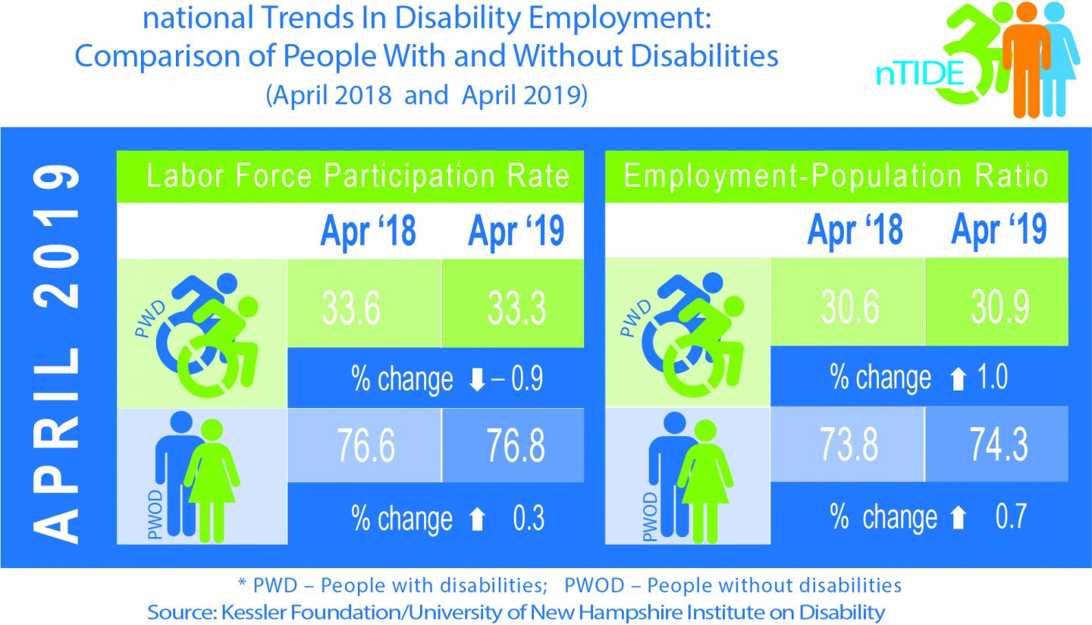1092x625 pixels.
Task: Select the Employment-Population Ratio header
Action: pyautogui.click(x=835, y=176)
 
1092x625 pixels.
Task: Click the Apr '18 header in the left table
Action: pyautogui.click(x=368, y=231)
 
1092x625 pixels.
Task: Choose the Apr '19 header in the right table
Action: pyautogui.click(x=998, y=231)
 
